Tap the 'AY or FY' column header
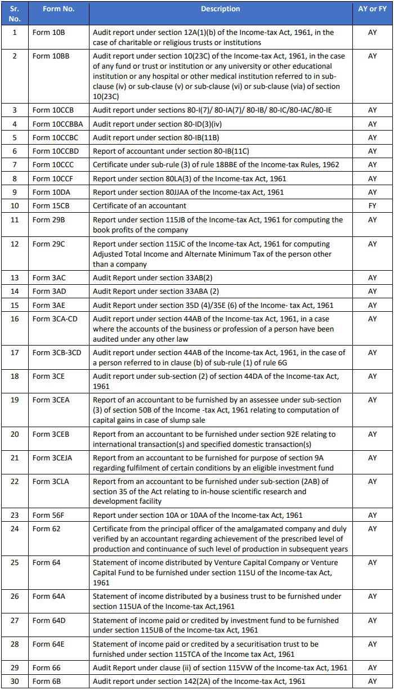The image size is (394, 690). (x=372, y=9)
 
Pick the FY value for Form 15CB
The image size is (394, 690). (x=372, y=205)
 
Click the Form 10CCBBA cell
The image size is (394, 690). (x=57, y=124)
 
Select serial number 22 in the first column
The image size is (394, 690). (x=15, y=481)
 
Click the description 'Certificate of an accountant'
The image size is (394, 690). (x=140, y=205)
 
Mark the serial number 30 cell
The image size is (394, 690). (x=15, y=682)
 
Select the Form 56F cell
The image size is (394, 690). (x=47, y=515)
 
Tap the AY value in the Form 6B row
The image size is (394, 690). (x=372, y=682)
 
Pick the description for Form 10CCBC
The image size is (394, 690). (x=156, y=137)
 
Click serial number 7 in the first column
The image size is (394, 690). (x=15, y=165)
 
